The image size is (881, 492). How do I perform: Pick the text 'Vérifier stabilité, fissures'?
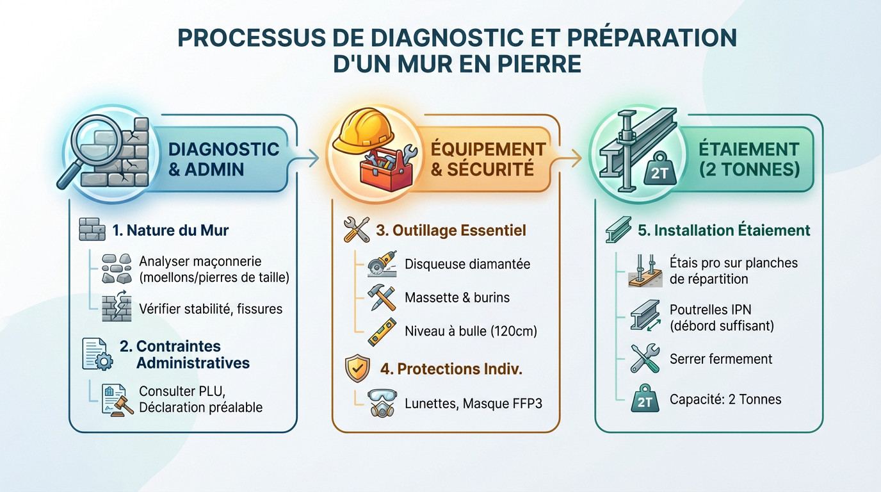[211, 309]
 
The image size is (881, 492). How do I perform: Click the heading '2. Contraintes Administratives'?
[184, 354]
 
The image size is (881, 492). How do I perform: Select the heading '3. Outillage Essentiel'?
[451, 230]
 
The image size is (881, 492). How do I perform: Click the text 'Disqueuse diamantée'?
[467, 264]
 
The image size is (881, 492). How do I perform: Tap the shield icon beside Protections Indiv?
[357, 370]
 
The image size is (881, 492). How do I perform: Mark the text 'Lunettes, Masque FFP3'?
[473, 404]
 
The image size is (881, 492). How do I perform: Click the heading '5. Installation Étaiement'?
[724, 230]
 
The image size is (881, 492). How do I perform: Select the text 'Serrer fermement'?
[721, 359]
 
